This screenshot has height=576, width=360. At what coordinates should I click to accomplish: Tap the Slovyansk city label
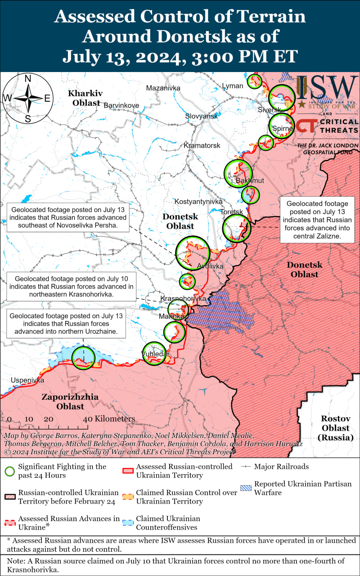[x=201, y=116]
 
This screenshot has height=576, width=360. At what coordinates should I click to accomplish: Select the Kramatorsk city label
[x=202, y=146]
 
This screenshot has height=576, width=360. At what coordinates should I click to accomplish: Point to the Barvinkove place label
[x=121, y=105]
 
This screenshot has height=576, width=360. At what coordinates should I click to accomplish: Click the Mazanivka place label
[x=163, y=88]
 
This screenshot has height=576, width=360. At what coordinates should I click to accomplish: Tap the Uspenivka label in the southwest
[x=28, y=380]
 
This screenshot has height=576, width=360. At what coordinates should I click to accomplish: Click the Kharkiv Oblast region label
[x=85, y=98]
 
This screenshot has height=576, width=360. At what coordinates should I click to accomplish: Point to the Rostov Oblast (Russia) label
[x=336, y=427]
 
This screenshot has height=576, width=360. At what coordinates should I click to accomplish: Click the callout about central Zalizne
[x=317, y=219]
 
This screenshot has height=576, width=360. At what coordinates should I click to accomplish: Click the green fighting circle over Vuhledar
[x=154, y=353]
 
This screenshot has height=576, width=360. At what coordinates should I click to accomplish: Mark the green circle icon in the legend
[x=9, y=471]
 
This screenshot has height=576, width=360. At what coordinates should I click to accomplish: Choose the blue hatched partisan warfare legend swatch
[x=246, y=488]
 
